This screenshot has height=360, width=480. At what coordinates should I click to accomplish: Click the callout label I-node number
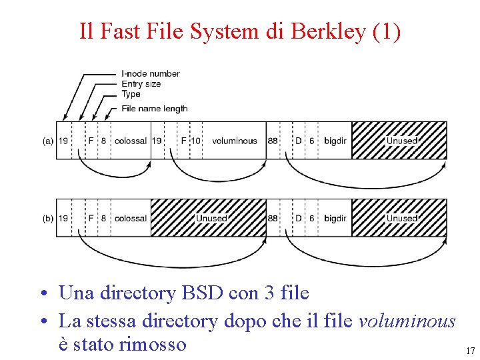click(151, 73)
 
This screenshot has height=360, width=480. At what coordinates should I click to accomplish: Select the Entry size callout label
click(141, 84)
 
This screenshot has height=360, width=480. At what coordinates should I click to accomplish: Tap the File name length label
click(155, 109)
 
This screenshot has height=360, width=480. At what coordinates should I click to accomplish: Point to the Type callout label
click(131, 94)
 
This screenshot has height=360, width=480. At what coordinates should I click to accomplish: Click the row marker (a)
click(48, 141)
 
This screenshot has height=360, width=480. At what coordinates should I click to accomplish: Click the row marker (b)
click(48, 218)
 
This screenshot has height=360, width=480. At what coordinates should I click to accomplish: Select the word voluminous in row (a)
click(234, 141)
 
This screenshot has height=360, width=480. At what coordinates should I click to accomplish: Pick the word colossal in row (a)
click(131, 141)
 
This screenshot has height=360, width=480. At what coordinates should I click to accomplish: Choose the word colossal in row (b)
click(131, 218)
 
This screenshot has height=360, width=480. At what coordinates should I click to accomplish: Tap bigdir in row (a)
click(335, 141)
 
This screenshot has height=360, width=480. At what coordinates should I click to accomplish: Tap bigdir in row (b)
click(335, 218)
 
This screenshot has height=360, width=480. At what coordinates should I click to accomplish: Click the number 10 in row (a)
click(196, 141)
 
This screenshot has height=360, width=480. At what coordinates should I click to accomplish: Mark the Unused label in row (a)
click(402, 141)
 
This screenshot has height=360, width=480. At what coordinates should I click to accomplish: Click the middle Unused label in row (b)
click(211, 218)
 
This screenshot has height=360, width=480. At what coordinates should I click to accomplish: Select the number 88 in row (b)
click(273, 218)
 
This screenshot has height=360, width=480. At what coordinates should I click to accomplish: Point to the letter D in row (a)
click(299, 141)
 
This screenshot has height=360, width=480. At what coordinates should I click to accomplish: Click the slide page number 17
click(470, 351)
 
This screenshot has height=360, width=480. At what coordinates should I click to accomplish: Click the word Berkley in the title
click(327, 31)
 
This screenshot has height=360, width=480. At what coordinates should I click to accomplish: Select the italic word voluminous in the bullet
click(407, 321)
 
